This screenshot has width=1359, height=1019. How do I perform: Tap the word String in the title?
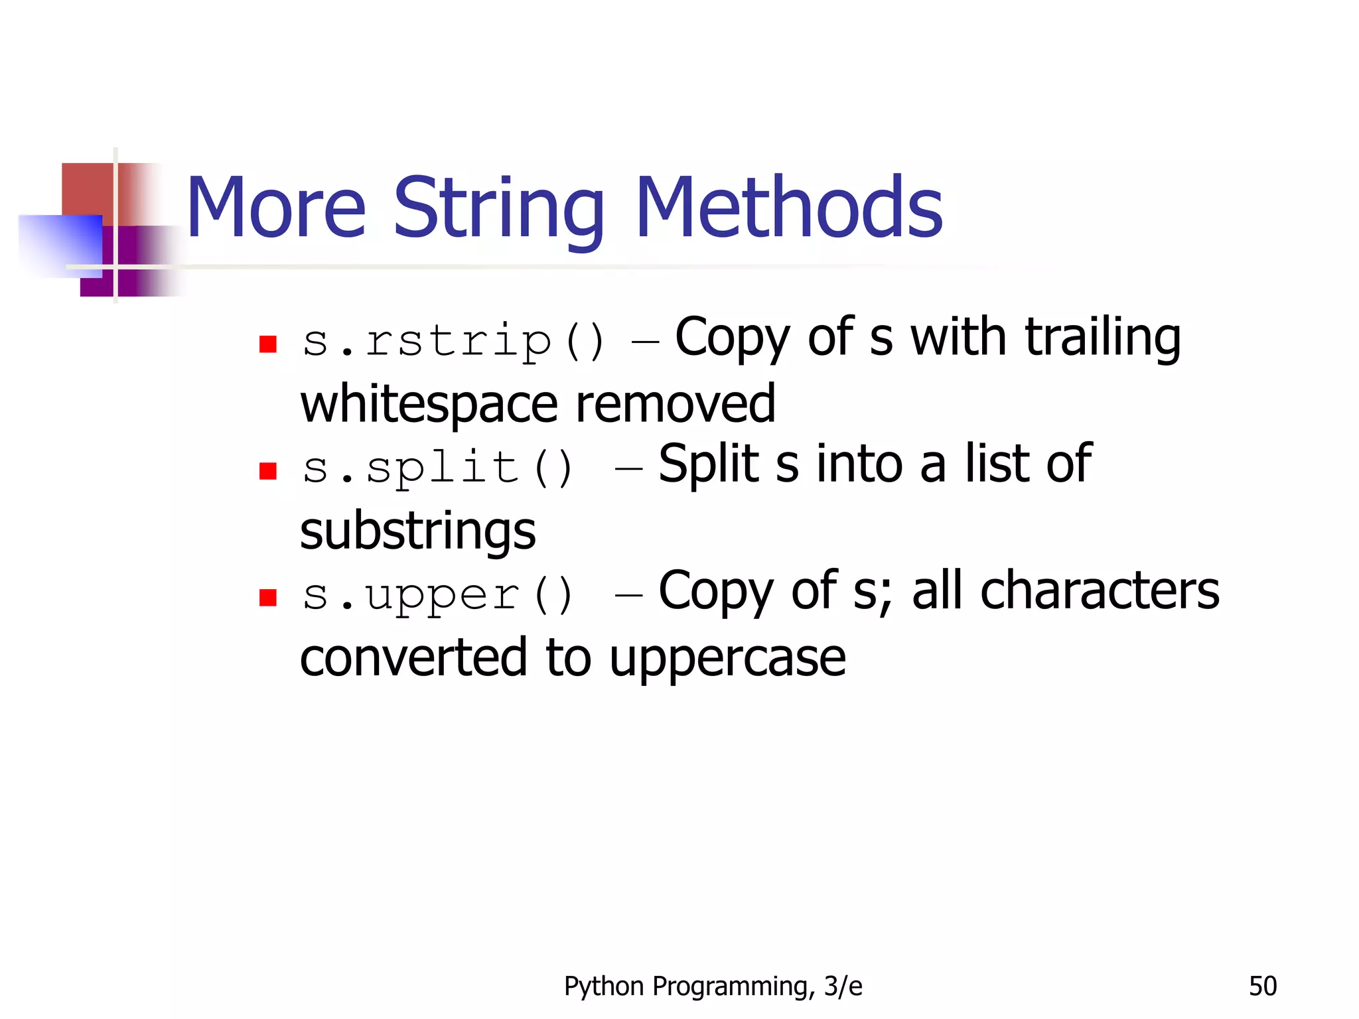coord(499,210)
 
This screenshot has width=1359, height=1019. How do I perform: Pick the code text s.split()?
coord(437,467)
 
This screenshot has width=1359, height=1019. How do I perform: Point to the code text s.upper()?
coord(437,594)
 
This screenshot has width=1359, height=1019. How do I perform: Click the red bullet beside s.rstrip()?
coord(268,344)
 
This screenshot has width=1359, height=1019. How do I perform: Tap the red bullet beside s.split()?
coord(268,471)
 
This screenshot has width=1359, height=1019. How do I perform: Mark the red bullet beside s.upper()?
coord(268,598)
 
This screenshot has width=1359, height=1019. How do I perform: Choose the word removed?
coord(676,403)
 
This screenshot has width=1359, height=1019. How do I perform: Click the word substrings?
coord(417,531)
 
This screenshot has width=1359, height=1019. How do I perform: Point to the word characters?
coord(1100,590)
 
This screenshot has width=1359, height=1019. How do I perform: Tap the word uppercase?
coord(727,659)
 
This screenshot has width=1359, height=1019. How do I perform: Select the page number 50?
coord(1263,986)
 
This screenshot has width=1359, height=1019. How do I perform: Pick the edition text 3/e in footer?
coord(843,986)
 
